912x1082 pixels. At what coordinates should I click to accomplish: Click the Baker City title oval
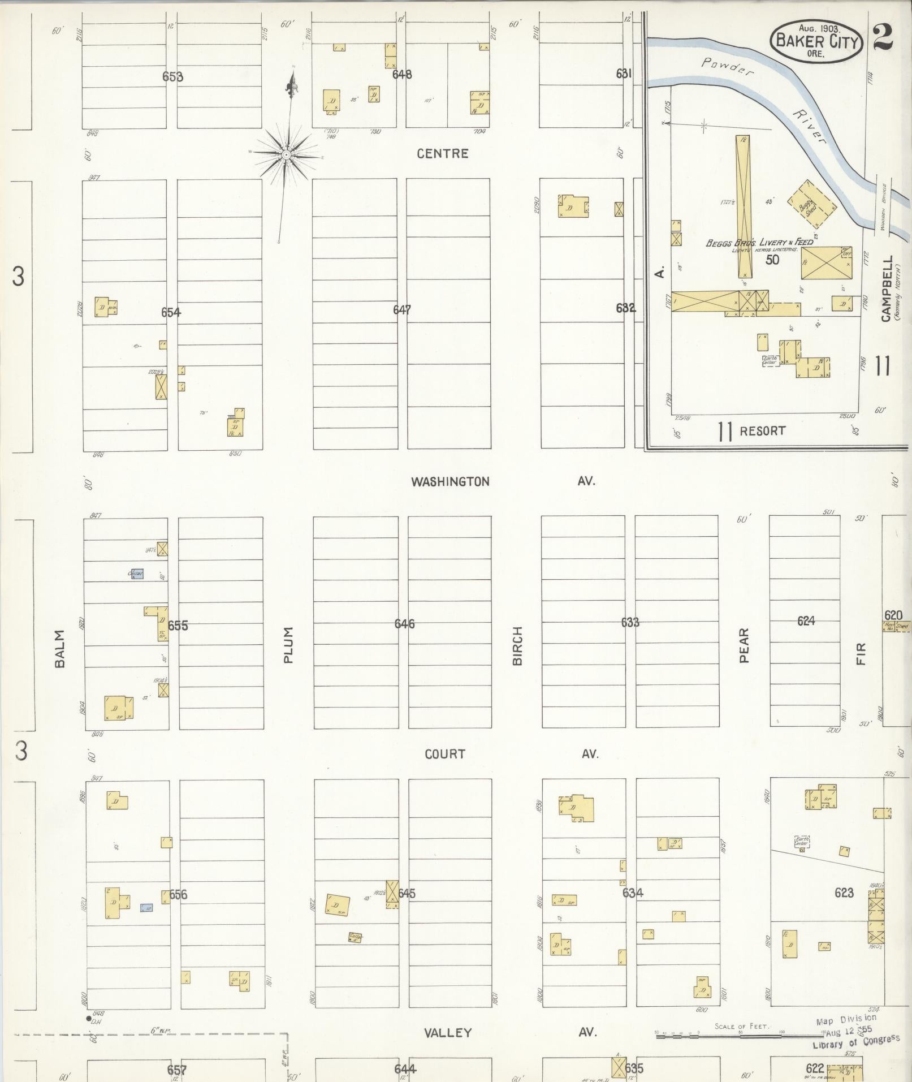click(x=816, y=41)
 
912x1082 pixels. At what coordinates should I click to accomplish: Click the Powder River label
click(x=763, y=96)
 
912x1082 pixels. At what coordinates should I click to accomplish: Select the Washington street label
click(x=450, y=481)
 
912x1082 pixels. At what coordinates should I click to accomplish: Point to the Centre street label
click(x=443, y=153)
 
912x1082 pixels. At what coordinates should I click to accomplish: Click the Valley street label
click(x=448, y=1033)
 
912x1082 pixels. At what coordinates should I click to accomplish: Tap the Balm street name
click(x=60, y=649)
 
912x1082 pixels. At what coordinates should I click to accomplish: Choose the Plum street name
click(x=288, y=645)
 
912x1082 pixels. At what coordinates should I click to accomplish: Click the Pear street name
click(x=744, y=645)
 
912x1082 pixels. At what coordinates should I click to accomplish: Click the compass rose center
click(x=286, y=153)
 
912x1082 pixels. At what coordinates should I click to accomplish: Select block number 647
click(x=402, y=310)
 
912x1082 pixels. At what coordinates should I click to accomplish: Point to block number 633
click(x=630, y=622)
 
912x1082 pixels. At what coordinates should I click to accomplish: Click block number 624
click(x=806, y=621)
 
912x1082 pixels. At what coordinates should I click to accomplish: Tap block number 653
click(x=172, y=76)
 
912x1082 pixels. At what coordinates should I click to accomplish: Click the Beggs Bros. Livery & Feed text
click(x=759, y=243)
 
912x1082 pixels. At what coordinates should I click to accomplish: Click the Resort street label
click(x=762, y=431)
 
